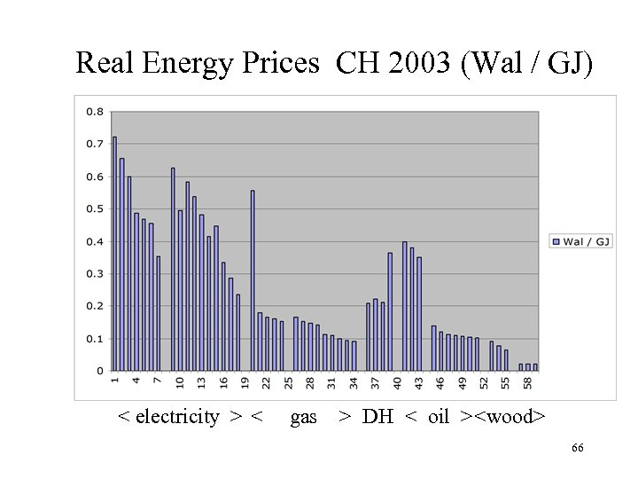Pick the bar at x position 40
[x=404, y=306]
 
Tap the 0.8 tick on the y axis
[x=94, y=112]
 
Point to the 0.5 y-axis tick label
[x=94, y=209]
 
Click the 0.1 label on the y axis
[x=94, y=339]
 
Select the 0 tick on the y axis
[x=99, y=371]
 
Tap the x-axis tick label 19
[x=245, y=383]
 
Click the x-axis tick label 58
[x=527, y=383]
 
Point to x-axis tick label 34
[x=354, y=383]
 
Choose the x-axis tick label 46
[x=440, y=383]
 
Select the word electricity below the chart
[x=177, y=417]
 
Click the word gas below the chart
[x=303, y=417]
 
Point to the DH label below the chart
[x=377, y=417]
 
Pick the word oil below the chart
[x=439, y=417]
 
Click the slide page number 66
[x=577, y=450]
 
